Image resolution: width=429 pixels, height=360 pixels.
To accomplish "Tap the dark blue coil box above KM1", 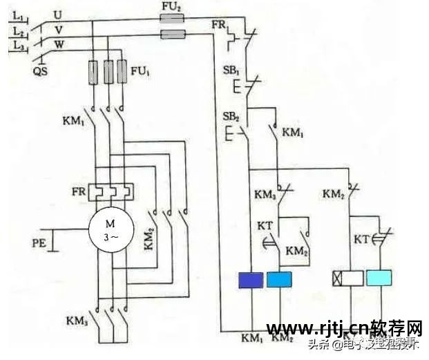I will [x=249, y=279].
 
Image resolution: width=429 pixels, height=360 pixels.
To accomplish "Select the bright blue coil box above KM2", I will [x=278, y=279].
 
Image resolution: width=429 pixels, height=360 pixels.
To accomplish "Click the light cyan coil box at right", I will [x=381, y=278].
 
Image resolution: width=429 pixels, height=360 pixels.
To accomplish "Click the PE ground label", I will [x=41, y=243].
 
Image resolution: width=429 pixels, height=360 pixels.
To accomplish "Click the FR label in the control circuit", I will [x=219, y=26].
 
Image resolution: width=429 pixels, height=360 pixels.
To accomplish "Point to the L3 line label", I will [x=19, y=45].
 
